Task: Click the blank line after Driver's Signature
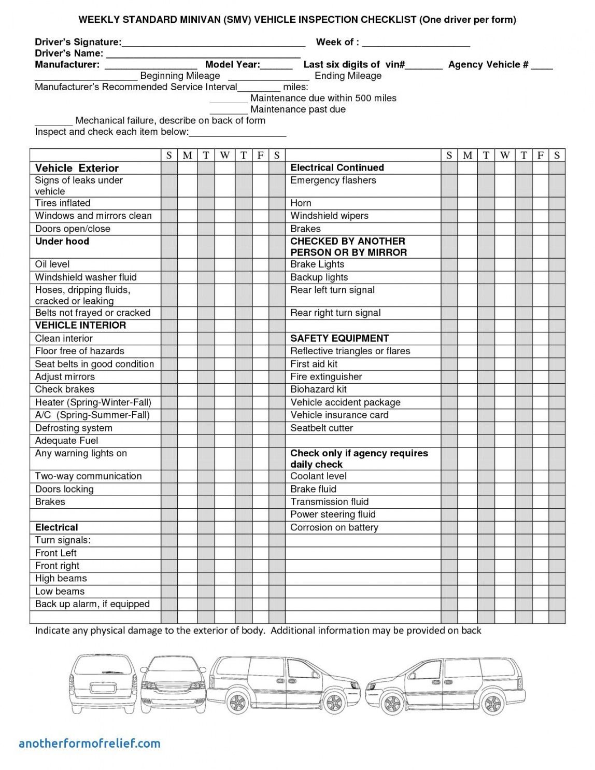[213, 44]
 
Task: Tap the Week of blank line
[416, 44]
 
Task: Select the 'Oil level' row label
[52, 264]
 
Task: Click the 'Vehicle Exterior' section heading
[77, 168]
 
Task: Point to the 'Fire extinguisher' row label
[326, 377]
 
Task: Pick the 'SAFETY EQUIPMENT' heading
[339, 339]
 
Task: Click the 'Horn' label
[301, 203]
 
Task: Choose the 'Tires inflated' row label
[63, 203]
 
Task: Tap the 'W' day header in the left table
[224, 155]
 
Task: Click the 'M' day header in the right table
[467, 155]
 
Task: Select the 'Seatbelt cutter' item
[321, 428]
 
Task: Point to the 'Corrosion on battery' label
[334, 528]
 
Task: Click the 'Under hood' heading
[62, 242]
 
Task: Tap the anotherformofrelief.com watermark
[90, 744]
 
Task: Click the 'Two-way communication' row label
[88, 477]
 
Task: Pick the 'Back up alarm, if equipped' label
[92, 605]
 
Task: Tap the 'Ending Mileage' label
[348, 76]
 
